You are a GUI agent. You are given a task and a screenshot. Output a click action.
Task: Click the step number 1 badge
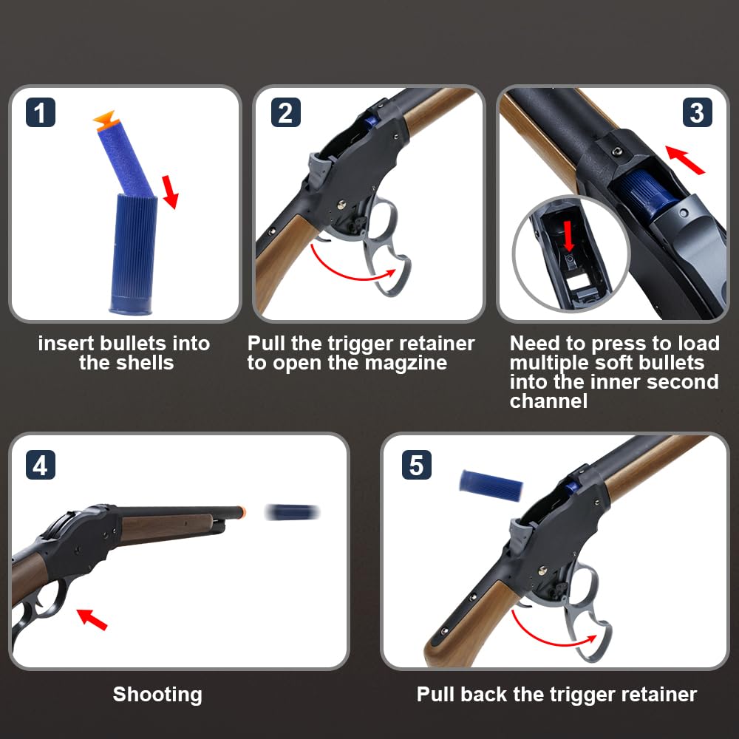41,112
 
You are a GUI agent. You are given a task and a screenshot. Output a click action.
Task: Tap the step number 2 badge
285,112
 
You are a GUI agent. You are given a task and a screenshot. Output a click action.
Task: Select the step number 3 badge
698,112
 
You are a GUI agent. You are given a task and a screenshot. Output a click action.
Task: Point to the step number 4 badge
41,465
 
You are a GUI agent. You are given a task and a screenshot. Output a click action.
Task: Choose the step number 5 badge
417,465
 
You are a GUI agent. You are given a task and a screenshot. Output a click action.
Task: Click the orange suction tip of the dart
105,120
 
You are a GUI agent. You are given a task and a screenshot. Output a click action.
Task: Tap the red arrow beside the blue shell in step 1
170,192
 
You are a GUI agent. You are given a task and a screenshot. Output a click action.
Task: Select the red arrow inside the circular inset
569,236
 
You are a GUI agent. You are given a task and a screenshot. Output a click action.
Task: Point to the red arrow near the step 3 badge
685,160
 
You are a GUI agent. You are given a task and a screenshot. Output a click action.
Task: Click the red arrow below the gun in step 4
92,619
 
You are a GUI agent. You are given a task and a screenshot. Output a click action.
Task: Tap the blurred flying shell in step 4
292,512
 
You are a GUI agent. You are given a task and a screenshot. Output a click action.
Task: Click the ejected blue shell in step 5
491,483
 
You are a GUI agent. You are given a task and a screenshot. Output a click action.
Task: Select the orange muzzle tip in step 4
242,512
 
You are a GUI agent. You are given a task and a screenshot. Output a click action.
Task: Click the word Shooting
157,695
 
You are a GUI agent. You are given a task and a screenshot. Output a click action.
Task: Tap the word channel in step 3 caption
548,401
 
